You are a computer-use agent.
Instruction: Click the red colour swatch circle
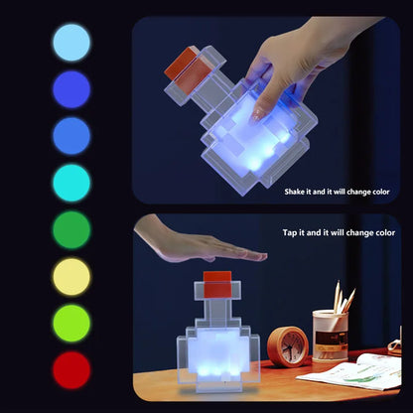point(71,369)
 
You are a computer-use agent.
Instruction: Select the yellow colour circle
point(71,277)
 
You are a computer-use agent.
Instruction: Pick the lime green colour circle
point(71,324)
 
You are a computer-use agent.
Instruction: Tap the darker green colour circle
point(71,229)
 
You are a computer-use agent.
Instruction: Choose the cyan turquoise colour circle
point(71,183)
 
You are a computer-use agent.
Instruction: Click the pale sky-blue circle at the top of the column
point(71,43)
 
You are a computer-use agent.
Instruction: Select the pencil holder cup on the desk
point(329,336)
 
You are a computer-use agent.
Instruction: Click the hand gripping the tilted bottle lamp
point(288,65)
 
